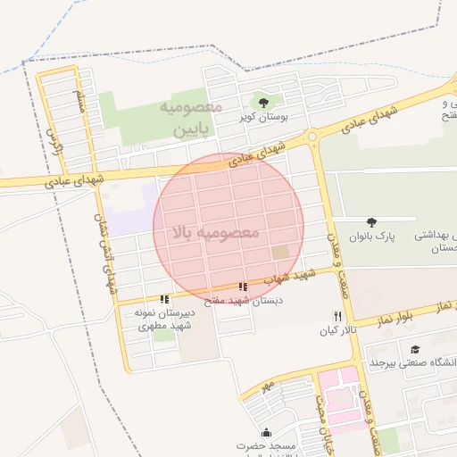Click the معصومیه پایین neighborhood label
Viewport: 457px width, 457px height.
(x=190, y=118)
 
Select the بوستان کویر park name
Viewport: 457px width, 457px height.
(x=261, y=117)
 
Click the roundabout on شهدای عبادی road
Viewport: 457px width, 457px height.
(x=312, y=137)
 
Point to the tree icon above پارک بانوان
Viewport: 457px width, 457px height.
(x=372, y=222)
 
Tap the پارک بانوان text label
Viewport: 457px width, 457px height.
(x=371, y=237)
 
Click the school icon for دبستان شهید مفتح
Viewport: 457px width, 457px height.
(x=243, y=287)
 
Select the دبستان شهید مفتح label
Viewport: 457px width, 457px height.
(x=243, y=302)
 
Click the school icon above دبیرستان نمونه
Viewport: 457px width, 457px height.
(x=163, y=299)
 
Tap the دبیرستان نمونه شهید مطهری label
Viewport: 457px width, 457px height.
(x=162, y=320)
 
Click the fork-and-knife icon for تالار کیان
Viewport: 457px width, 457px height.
(x=337, y=316)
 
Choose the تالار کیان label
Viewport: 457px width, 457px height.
(x=337, y=330)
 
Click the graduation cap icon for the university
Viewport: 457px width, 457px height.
(x=414, y=349)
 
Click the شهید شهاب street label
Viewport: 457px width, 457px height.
(x=283, y=279)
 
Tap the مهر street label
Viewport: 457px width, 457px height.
(x=265, y=386)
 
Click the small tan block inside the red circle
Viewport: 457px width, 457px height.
(x=280, y=253)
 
